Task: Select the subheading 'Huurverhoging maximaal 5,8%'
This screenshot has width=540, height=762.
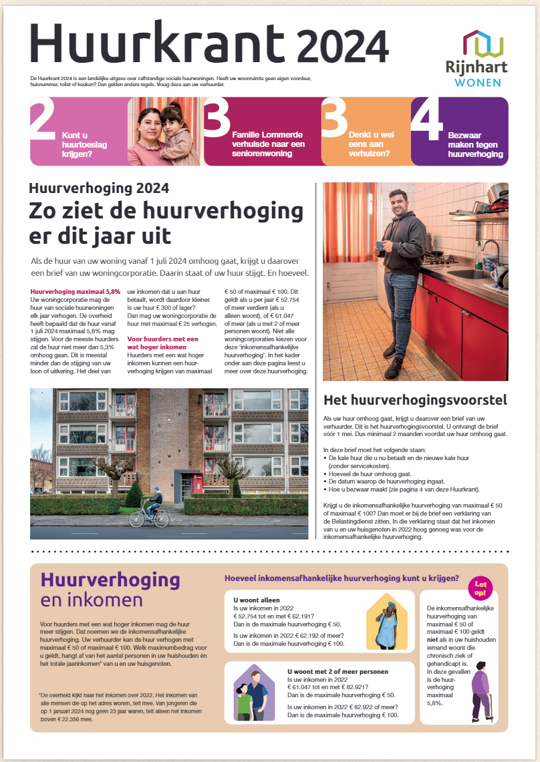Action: pyautogui.click(x=76, y=292)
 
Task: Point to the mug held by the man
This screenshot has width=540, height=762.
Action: pyautogui.click(x=379, y=244)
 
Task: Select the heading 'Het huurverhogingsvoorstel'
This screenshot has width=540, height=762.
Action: pyautogui.click(x=415, y=401)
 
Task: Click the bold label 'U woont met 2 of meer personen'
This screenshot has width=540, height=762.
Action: pyautogui.click(x=337, y=671)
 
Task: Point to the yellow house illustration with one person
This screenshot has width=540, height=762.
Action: pyautogui.click(x=388, y=621)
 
